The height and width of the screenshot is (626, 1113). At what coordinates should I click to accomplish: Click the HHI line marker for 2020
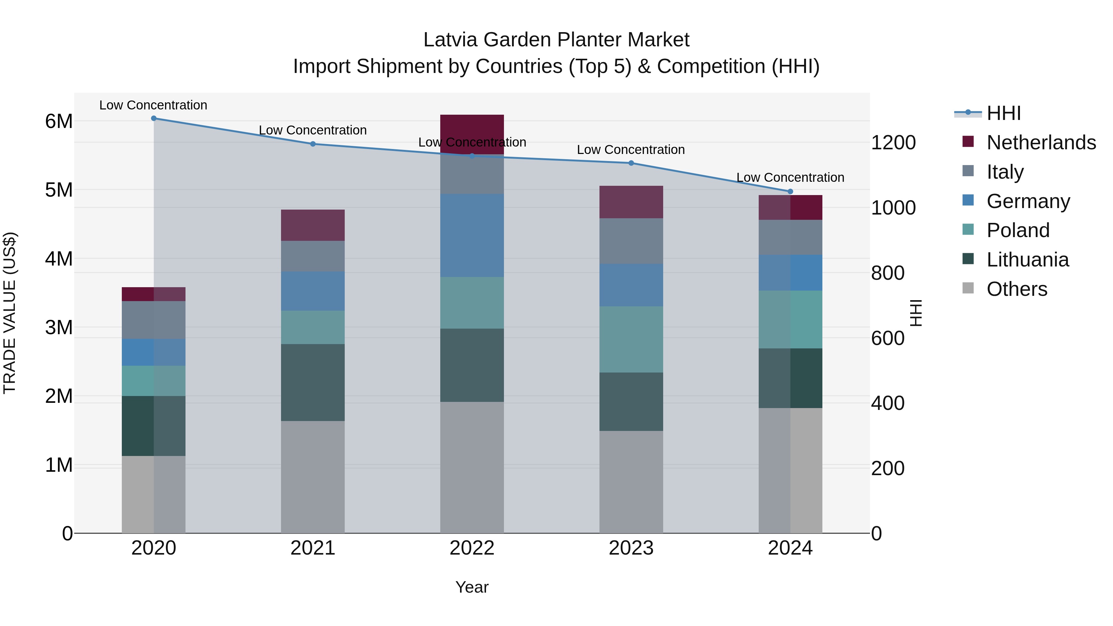154,118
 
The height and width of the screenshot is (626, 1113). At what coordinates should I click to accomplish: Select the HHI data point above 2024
790,191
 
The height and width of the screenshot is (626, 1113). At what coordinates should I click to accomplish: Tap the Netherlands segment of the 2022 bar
472,134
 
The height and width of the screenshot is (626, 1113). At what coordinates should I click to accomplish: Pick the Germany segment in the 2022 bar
472,236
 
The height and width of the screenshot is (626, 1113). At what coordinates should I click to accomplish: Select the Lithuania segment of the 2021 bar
313,382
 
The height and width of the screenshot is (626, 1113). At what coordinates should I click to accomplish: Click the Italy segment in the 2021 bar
313,256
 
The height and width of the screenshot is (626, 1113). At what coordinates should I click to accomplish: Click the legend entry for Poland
1017,230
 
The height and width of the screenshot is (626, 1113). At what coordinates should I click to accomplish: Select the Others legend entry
1016,289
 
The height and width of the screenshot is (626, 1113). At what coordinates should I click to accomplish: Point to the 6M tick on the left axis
59,121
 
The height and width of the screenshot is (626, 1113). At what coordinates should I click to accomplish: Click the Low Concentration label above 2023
631,150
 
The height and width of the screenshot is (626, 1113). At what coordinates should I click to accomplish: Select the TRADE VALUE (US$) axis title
10,313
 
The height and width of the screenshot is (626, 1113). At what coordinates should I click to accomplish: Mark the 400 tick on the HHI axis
887,403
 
